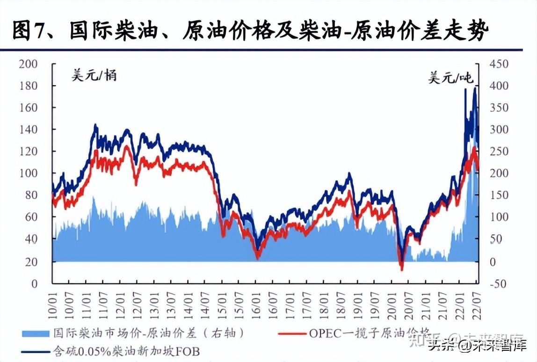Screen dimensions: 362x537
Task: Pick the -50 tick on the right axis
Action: [498, 283]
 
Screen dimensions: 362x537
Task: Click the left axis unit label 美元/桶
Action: [94, 75]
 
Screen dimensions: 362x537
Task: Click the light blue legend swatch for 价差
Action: [35, 333]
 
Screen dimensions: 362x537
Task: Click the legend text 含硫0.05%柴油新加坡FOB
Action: [126, 351]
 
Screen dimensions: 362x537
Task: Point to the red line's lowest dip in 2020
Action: [401, 270]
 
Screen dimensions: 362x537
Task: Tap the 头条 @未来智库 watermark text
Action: [472, 347]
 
